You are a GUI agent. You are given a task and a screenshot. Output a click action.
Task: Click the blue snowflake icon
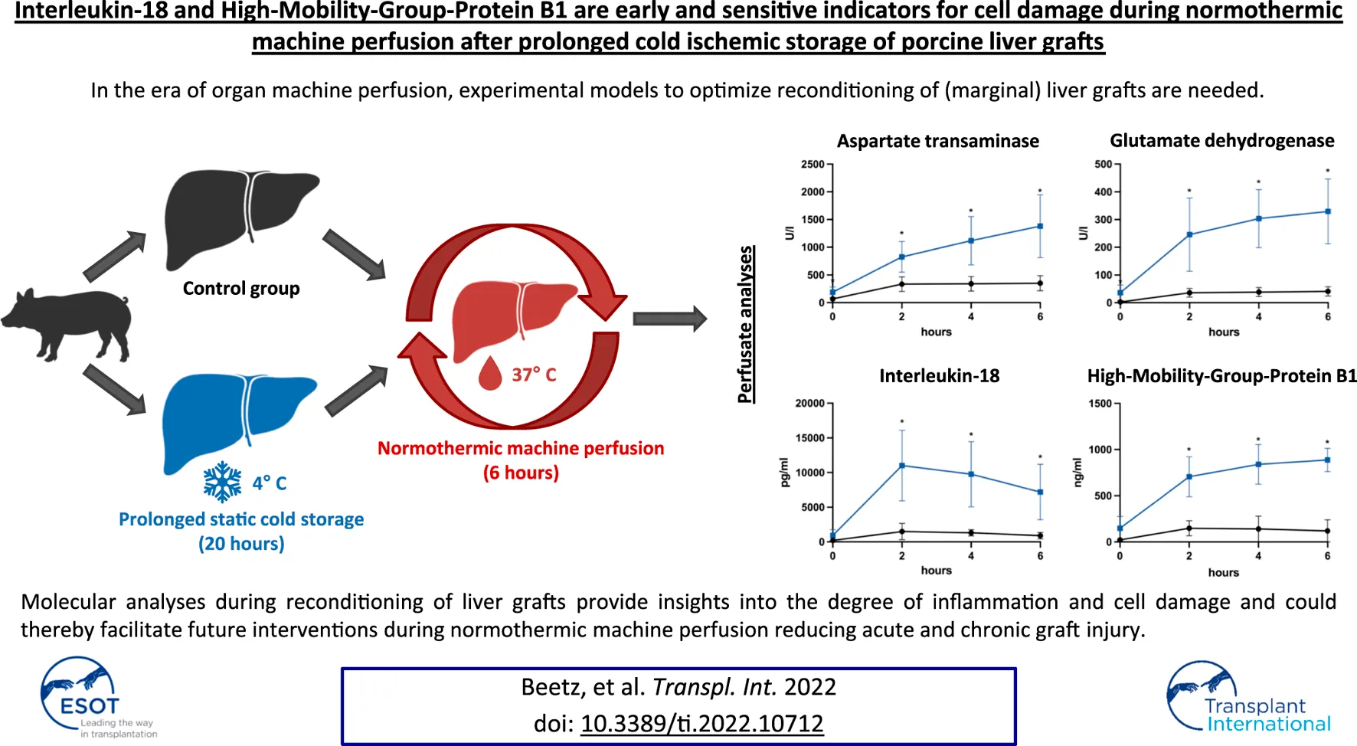[222, 482]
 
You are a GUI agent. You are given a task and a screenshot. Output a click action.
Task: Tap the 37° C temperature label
[534, 375]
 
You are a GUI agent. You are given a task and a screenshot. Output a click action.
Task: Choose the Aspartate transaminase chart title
[937, 141]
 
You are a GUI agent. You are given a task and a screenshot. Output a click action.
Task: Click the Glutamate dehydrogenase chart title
[1221, 141]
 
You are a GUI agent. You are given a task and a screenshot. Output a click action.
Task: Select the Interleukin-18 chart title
[939, 376]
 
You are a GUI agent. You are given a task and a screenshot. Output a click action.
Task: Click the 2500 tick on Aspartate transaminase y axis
[813, 165]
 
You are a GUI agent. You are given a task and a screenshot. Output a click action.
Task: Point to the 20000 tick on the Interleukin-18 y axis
[810, 404]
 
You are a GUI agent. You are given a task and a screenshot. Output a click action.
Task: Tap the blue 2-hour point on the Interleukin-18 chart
[902, 466]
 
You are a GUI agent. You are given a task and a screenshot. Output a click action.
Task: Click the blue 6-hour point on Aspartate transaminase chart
[1040, 227]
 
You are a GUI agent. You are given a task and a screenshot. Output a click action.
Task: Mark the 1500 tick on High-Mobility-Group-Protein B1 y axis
[1100, 404]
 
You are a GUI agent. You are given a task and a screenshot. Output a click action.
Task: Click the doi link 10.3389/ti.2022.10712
[701, 724]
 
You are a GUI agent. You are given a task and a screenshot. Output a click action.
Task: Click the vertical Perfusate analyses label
[745, 324]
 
